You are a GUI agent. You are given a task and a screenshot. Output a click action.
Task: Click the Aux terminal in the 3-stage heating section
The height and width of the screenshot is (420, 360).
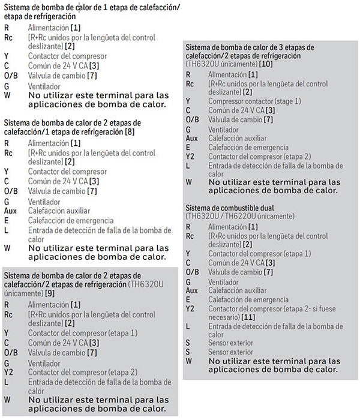click(x=191, y=138)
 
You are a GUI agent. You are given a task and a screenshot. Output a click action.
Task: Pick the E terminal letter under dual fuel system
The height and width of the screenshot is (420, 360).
click(x=188, y=299)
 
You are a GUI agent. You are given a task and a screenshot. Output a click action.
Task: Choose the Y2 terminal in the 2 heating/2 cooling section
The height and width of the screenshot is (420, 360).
click(x=8, y=371)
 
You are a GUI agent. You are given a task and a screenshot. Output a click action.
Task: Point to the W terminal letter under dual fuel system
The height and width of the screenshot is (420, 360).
click(x=189, y=361)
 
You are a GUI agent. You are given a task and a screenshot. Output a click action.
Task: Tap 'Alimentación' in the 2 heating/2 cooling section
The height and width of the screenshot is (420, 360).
click(x=49, y=305)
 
